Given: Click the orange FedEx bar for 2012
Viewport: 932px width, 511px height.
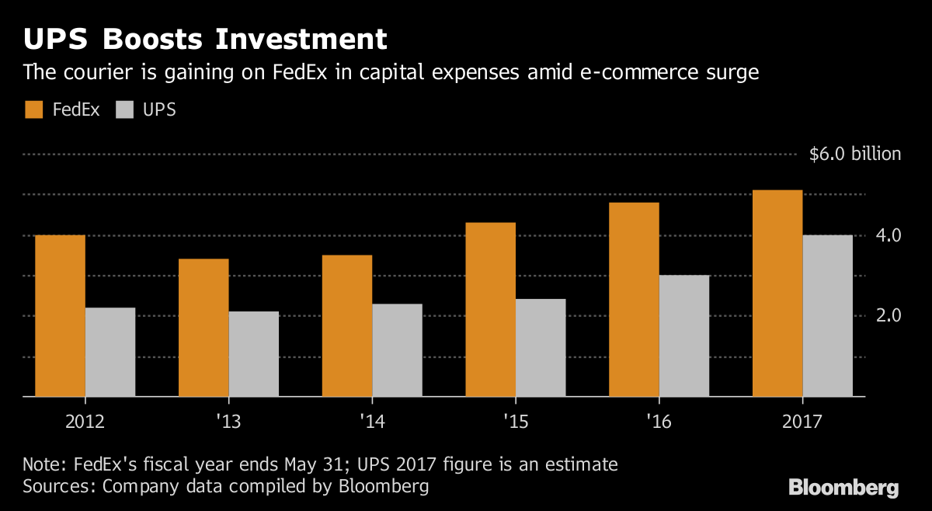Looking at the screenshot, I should pyautogui.click(x=60, y=315).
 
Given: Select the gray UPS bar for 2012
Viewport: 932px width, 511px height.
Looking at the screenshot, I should pyautogui.click(x=110, y=352).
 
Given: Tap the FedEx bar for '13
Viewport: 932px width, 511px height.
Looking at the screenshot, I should pyautogui.click(x=203, y=327).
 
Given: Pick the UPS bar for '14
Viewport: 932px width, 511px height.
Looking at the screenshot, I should pyautogui.click(x=397, y=349).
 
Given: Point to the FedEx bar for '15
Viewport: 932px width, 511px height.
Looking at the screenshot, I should pyautogui.click(x=490, y=309).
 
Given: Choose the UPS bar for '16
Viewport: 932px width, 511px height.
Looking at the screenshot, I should pyautogui.click(x=684, y=335).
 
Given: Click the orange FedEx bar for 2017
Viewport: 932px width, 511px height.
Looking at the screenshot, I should pyautogui.click(x=777, y=293).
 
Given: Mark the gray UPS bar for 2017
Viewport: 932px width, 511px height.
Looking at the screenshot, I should pyautogui.click(x=828, y=315).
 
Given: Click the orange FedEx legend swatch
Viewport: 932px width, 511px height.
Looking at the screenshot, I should pyautogui.click(x=34, y=109).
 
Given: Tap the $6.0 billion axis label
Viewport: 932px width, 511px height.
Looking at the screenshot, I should pyautogui.click(x=854, y=154).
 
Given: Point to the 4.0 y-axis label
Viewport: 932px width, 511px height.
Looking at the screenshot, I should pyautogui.click(x=888, y=235).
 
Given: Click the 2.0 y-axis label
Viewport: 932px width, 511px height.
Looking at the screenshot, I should pyautogui.click(x=888, y=315).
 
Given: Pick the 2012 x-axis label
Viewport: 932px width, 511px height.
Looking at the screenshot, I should pyautogui.click(x=85, y=423).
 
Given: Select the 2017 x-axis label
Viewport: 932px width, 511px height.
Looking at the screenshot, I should pyautogui.click(x=802, y=423).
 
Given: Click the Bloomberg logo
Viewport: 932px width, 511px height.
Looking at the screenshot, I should pyautogui.click(x=843, y=488).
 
